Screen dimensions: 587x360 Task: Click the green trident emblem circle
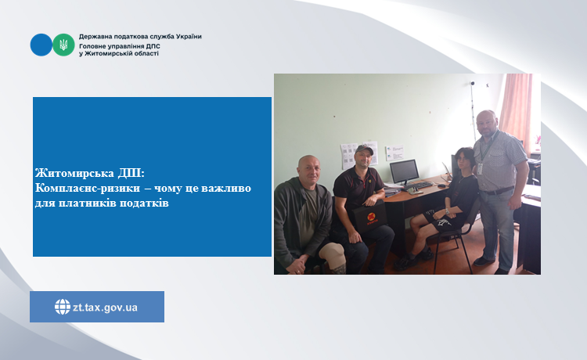[63, 45]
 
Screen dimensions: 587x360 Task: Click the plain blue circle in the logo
[41, 45]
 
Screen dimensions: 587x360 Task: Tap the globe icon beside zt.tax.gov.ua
[62, 307]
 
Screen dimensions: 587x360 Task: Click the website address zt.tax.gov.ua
[105, 308]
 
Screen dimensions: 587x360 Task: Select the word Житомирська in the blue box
[74, 173]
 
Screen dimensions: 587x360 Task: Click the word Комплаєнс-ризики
[88, 188]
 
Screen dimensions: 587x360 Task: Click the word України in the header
[189, 37]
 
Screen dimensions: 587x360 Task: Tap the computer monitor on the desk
[405, 172]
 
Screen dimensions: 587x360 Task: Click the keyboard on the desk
[420, 185]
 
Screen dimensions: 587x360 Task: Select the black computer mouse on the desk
[441, 185]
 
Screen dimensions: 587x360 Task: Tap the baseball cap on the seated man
[364, 149]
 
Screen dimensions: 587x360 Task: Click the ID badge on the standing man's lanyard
[480, 169]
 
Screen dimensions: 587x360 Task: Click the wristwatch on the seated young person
[447, 211]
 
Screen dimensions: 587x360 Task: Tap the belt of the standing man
[497, 191]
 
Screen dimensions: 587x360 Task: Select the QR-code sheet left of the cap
[348, 156]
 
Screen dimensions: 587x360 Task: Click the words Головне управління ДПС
[120, 46]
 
